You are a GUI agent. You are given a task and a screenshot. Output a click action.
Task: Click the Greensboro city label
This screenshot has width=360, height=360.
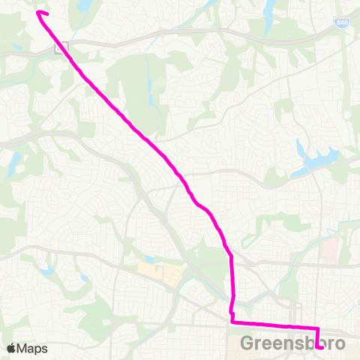point(293,343)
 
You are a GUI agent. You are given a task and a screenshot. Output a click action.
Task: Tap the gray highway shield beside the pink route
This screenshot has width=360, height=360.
point(60,47)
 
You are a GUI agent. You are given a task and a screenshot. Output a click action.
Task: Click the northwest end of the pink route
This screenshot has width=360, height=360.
point(38,13)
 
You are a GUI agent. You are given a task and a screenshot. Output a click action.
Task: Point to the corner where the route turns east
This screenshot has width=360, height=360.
point(232,322)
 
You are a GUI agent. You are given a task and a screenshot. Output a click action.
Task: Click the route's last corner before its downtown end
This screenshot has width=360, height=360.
point(317,328)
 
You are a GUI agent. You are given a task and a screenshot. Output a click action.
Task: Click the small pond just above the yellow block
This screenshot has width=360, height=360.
point(149,259)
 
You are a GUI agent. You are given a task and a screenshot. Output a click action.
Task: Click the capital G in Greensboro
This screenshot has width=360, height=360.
point(250,343)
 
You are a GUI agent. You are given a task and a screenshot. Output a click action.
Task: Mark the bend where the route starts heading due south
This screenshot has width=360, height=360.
point(231,256)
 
